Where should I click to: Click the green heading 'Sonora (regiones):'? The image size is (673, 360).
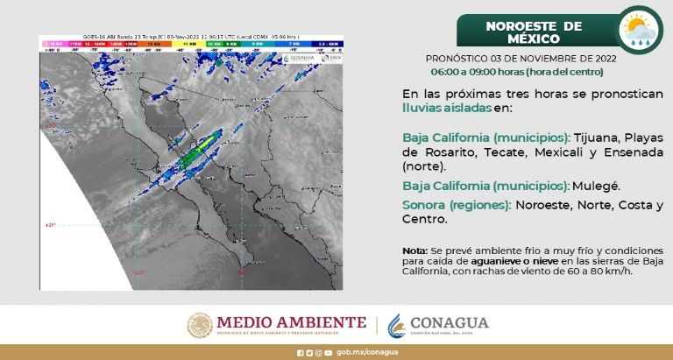pyautogui.click(x=456, y=205)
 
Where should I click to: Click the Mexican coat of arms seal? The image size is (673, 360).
pyautogui.click(x=200, y=325)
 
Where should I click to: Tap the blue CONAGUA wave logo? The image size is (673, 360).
pyautogui.click(x=397, y=325)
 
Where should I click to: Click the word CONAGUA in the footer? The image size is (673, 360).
pyautogui.click(x=449, y=323)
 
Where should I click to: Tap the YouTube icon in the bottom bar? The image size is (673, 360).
pyautogui.click(x=328, y=353)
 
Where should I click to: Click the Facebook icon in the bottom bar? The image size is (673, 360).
pyautogui.click(x=299, y=353)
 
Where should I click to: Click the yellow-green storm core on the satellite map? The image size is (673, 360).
pyautogui.click(x=202, y=146)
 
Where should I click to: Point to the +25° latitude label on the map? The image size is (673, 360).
pyautogui.click(x=50, y=225)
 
